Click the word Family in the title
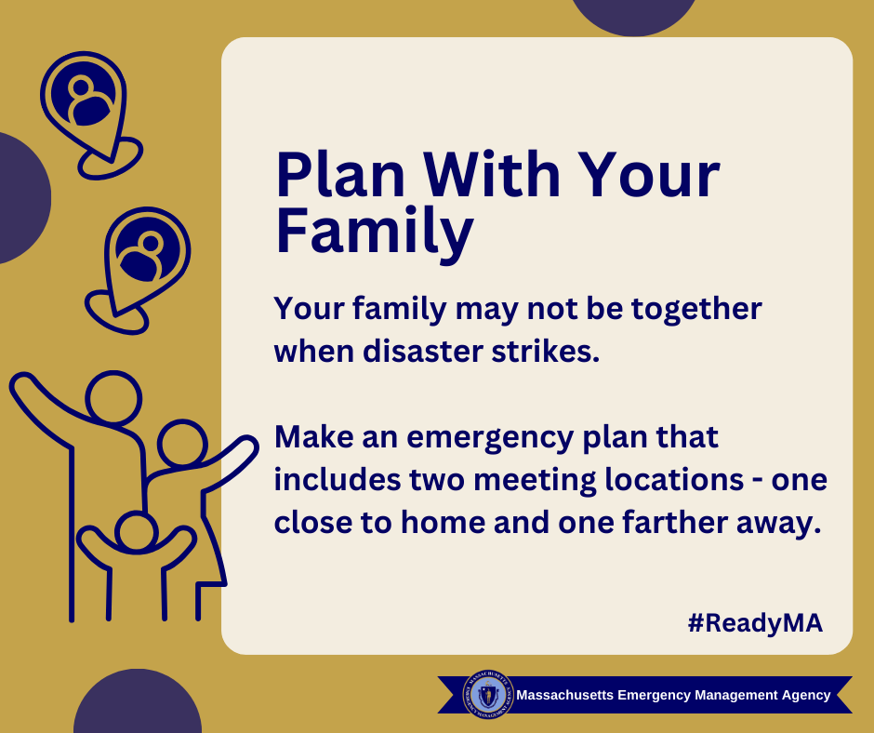[x=375, y=232]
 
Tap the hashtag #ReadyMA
[x=755, y=623]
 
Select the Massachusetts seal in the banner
[x=488, y=695]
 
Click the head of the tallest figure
[x=113, y=398]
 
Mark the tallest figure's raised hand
[x=22, y=384]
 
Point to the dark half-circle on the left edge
[x=24, y=198]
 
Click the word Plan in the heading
[x=340, y=175]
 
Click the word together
[x=696, y=310]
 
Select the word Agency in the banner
[x=806, y=696]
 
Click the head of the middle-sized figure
[x=182, y=444]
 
